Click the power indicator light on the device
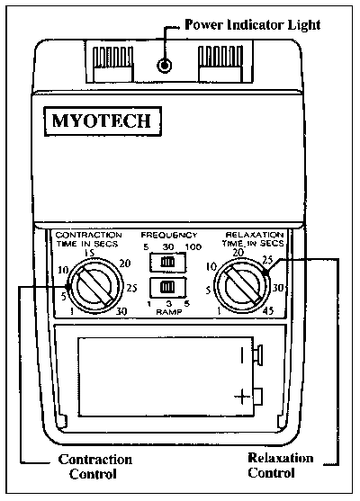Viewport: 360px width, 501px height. coord(165,66)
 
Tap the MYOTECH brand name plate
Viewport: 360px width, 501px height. coord(103,121)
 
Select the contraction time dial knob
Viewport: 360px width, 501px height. coord(95,285)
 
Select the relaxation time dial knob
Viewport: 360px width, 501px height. coord(242,285)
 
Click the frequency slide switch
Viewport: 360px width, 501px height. coord(168,263)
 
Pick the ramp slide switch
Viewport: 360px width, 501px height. coord(168,287)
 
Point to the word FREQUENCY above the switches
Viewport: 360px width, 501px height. coord(169,235)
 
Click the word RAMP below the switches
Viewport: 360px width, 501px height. coord(169,312)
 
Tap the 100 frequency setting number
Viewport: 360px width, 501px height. coord(193,247)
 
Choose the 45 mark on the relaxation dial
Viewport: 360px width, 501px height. coord(268,310)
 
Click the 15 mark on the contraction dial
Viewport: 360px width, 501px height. coord(90,253)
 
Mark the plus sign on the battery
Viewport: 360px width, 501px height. coord(242,398)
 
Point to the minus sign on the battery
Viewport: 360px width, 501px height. coord(242,355)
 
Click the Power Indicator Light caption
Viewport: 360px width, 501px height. coord(253,24)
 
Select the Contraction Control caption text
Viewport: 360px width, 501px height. coord(95,467)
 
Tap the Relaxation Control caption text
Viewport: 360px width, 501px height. coord(281,465)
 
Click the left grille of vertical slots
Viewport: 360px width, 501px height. coord(112,57)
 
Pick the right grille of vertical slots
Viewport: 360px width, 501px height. coord(220,57)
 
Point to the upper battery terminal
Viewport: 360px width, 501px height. coord(258,355)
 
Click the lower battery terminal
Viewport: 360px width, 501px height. coord(258,397)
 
